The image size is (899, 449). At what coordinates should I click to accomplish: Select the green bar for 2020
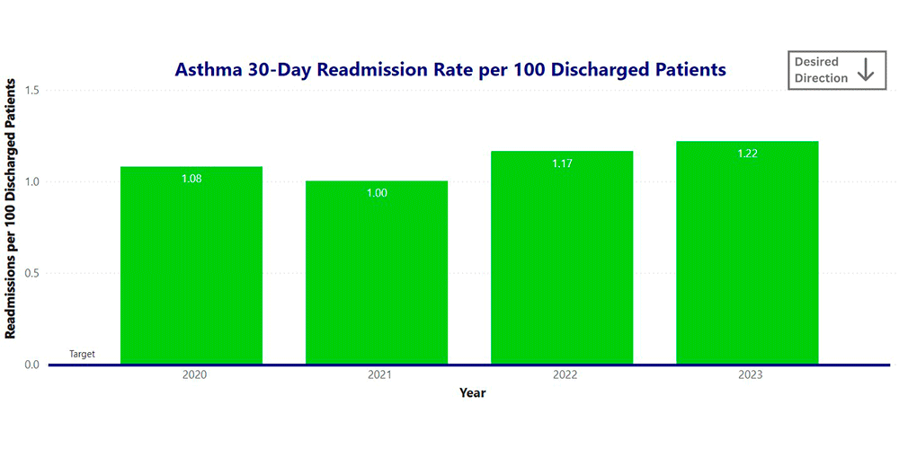tap(191, 269)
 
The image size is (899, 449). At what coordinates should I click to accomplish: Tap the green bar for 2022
tap(562, 260)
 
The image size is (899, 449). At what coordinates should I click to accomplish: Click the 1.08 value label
tap(191, 179)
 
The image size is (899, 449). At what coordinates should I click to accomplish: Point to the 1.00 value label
tap(377, 193)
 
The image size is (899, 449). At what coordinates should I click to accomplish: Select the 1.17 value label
tap(562, 163)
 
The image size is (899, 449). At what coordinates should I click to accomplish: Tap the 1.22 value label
tap(747, 154)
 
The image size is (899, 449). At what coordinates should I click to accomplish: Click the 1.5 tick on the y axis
tap(31, 90)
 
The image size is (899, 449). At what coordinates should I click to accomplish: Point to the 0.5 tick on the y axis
tap(31, 273)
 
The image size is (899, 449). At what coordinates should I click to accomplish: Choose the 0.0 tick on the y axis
tap(31, 365)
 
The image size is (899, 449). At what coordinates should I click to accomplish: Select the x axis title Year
tap(473, 392)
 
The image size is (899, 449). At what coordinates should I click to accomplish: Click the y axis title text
tap(11, 208)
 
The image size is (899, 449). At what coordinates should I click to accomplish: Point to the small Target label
tap(82, 355)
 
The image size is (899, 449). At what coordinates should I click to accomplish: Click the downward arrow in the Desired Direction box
tap(866, 70)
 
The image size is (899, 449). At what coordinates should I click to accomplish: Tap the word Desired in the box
tap(816, 62)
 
